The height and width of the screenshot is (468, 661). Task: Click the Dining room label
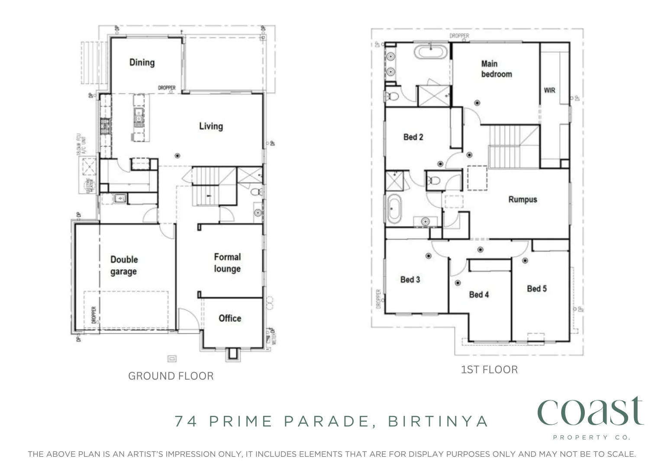[x=142, y=62]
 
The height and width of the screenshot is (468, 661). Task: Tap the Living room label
[x=211, y=126]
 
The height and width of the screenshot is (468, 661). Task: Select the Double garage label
[x=124, y=265]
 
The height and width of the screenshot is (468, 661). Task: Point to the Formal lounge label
[x=227, y=263]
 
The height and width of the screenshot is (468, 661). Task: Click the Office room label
[x=229, y=318]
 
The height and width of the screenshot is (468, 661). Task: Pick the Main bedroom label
[x=496, y=69]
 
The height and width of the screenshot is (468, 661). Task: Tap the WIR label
[x=549, y=90]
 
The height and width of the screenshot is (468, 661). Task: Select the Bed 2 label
[x=413, y=137]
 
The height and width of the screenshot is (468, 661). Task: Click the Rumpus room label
[x=522, y=199]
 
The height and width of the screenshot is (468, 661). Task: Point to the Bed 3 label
[x=410, y=279]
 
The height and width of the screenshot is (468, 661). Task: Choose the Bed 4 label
[x=479, y=295]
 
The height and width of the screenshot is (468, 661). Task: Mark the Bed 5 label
[x=536, y=289]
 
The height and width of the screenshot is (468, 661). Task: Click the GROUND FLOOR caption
[x=171, y=376]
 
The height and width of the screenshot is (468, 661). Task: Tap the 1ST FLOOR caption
[x=489, y=370]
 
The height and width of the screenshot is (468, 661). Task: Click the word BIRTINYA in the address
[x=438, y=421]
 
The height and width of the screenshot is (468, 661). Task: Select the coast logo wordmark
[x=590, y=412]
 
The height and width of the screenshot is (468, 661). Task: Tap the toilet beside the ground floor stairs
[x=256, y=192]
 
